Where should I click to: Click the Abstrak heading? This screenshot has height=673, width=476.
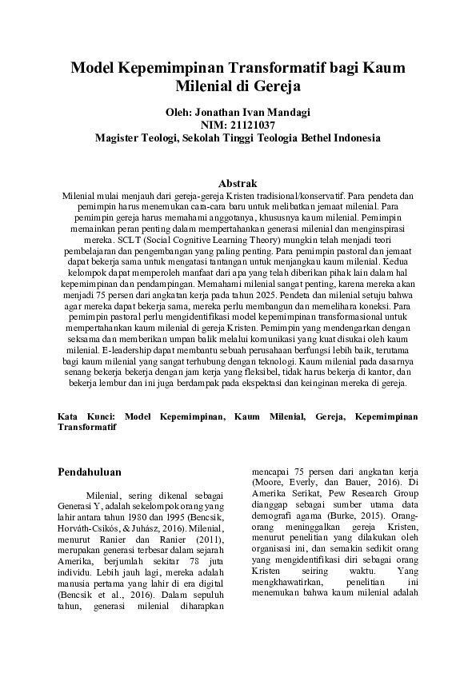[x=238, y=183]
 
